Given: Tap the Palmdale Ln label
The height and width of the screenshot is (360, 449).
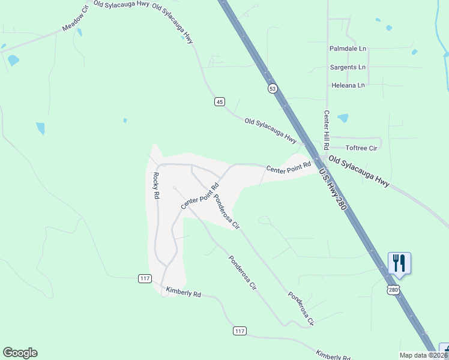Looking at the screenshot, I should (x=348, y=49).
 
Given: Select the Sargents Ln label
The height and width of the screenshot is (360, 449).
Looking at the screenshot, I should (x=348, y=67).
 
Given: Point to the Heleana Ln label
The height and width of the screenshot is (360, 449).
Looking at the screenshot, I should (x=348, y=86).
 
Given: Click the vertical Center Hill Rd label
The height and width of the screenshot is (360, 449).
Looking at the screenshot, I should (x=327, y=130).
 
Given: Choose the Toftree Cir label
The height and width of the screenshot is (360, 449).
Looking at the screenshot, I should (x=361, y=148).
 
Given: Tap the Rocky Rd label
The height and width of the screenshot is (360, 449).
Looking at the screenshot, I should (x=156, y=185).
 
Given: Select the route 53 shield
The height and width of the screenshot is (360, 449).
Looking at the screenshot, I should (x=273, y=88).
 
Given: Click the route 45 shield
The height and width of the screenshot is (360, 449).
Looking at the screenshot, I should (x=220, y=102).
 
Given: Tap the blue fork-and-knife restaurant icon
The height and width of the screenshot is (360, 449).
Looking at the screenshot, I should (x=399, y=263).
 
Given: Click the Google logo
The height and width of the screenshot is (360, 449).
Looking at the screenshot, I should (x=20, y=353).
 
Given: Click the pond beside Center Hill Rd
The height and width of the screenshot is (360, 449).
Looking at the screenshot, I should (x=343, y=118).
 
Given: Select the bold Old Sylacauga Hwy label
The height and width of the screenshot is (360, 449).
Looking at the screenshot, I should (x=359, y=172).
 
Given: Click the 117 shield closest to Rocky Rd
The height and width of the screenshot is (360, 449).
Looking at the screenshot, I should (x=144, y=278).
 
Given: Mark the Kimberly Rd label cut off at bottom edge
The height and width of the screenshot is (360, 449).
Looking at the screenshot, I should (x=333, y=355).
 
